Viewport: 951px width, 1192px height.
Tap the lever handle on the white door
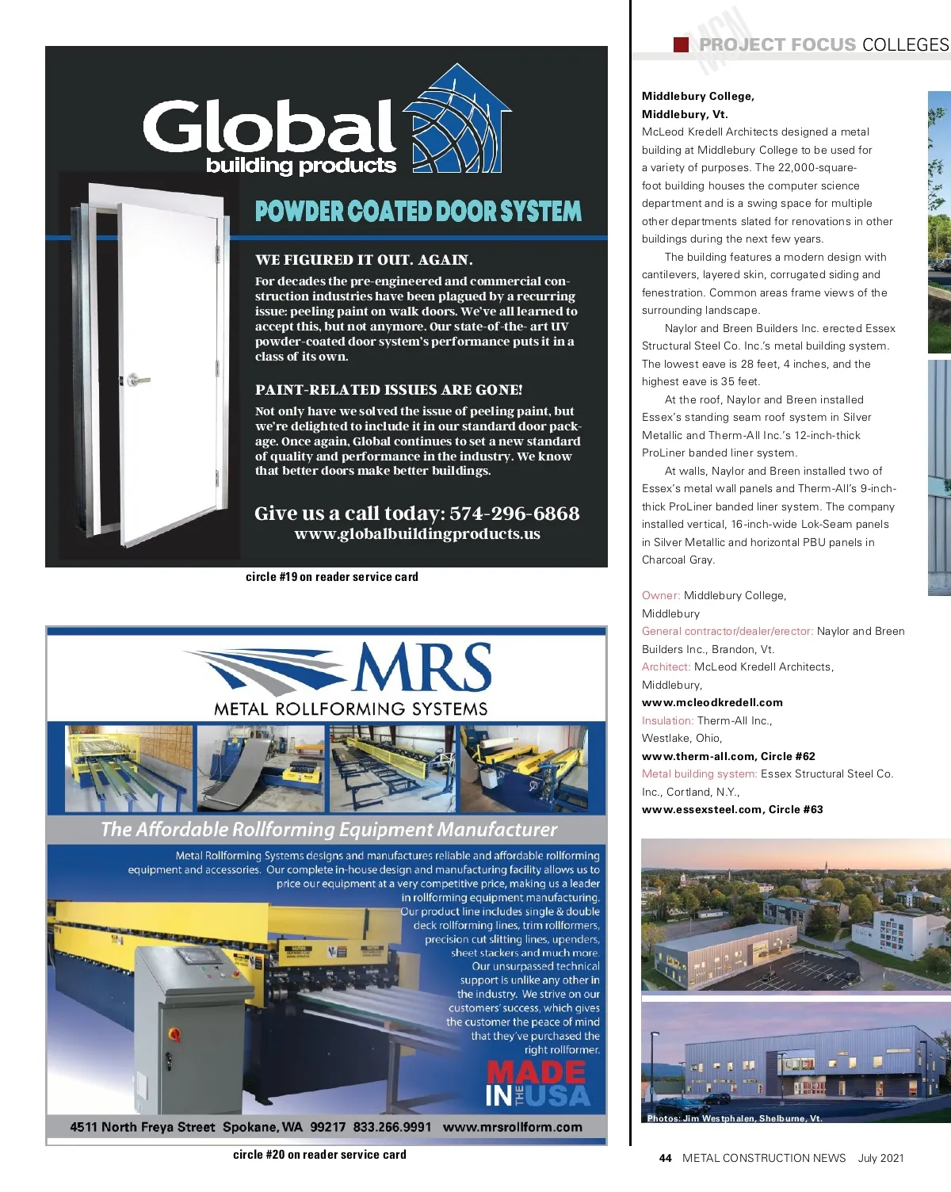point(138,380)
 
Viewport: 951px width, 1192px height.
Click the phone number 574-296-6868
point(514,514)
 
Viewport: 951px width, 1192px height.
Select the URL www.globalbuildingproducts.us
point(417,534)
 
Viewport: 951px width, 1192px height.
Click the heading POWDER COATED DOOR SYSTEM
point(418,212)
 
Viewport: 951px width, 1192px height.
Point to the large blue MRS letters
point(422,667)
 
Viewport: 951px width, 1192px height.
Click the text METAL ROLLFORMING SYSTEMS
point(351,709)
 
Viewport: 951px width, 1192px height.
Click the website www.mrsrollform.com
point(512,1127)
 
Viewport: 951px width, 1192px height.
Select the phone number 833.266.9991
point(392,1127)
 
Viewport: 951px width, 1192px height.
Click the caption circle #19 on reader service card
point(331,577)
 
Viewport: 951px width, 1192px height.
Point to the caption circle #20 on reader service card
point(319,1155)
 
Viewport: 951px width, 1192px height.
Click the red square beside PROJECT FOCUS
point(681,44)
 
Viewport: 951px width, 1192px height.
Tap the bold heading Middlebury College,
point(697,96)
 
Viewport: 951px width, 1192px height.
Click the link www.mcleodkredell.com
point(712,702)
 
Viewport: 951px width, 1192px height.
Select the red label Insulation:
point(667,720)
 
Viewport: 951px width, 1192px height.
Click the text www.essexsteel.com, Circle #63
point(732,809)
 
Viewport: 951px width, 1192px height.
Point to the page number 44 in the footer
point(665,1158)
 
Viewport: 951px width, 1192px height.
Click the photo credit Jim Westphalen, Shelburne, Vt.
point(734,1118)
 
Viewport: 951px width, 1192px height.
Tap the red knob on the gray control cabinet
point(174,1033)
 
